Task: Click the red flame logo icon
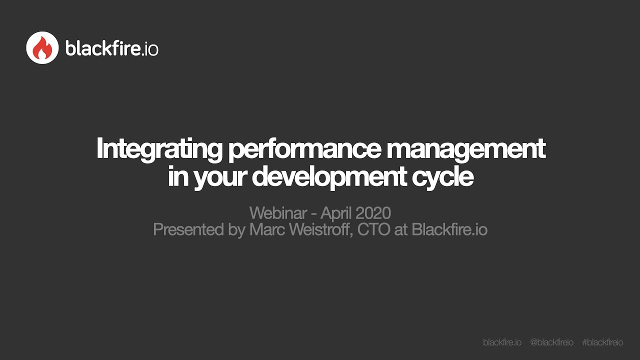pos(42,48)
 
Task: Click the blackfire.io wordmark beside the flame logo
pos(111,48)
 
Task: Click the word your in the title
pos(220,178)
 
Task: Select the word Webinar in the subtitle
pos(278,213)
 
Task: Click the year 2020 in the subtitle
pos(372,213)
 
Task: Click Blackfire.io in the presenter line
pos(449,229)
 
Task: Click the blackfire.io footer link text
pos(502,342)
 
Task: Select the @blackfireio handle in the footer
pos(551,342)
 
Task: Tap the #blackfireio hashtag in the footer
pos(602,342)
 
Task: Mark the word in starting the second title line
pos(177,177)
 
